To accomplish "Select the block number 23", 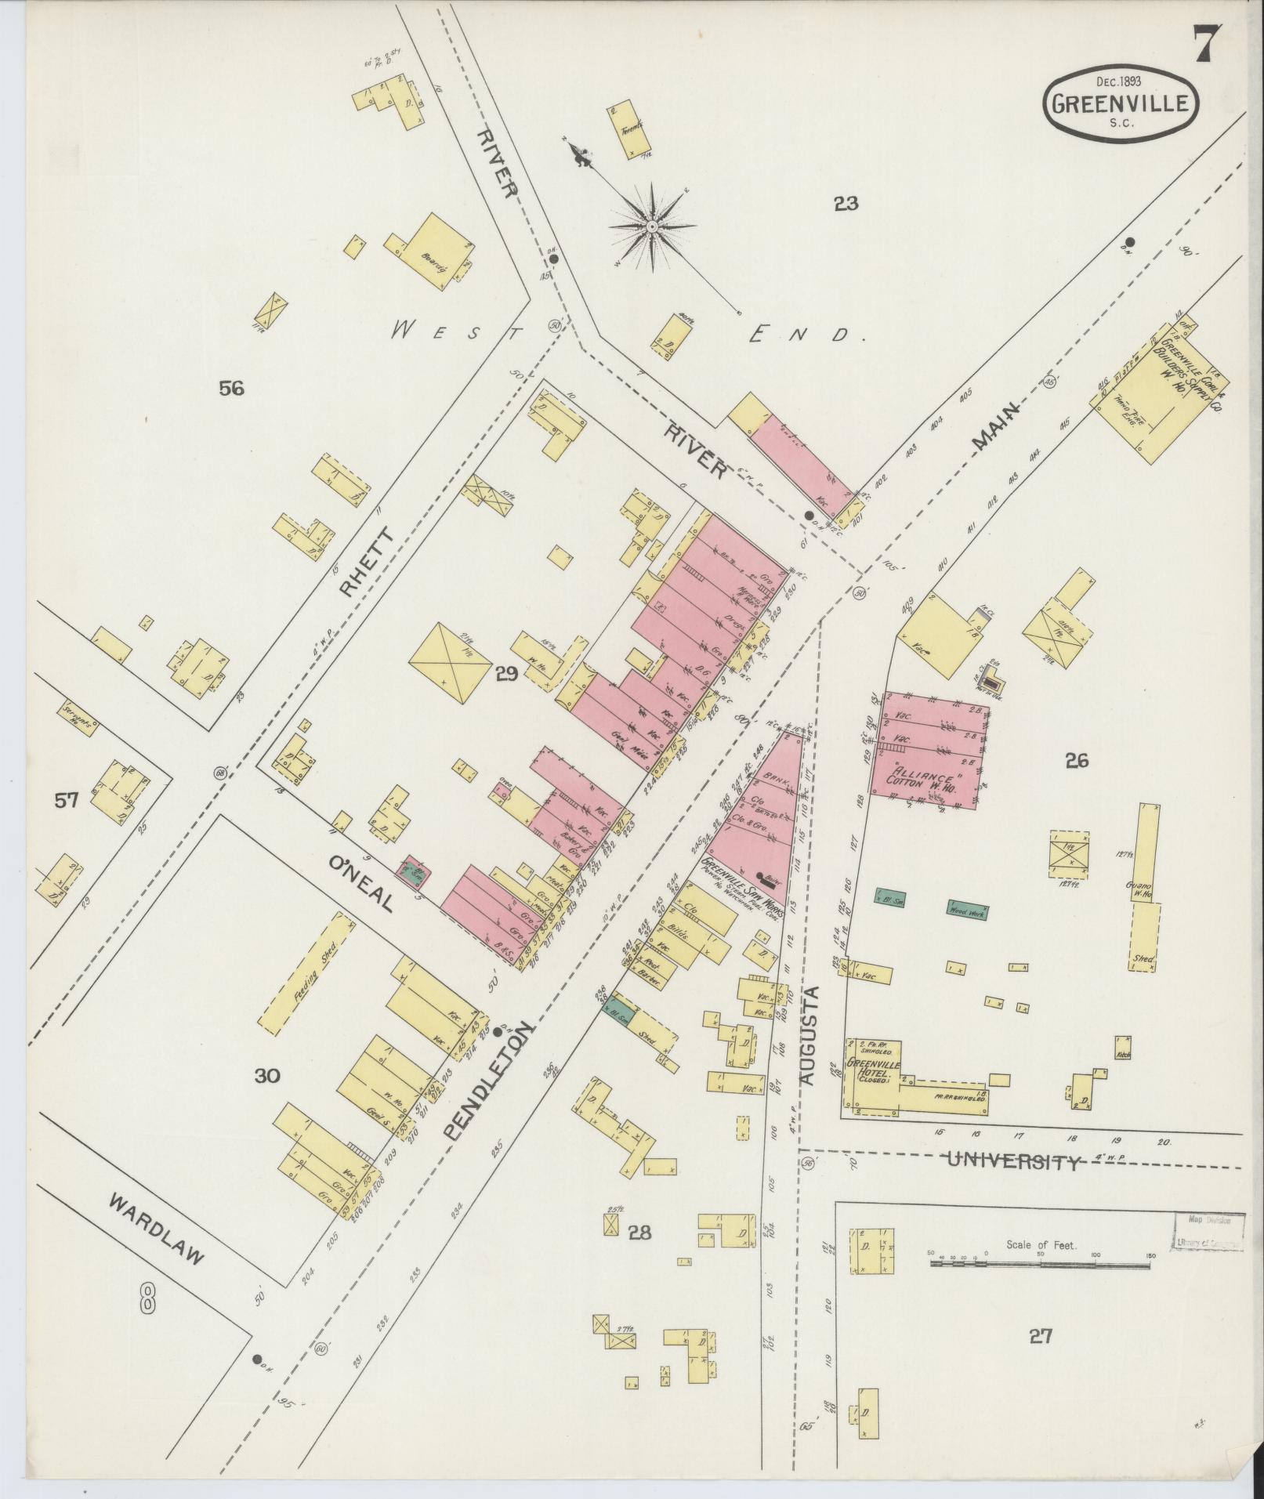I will [846, 205].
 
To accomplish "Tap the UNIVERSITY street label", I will [1012, 1161].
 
